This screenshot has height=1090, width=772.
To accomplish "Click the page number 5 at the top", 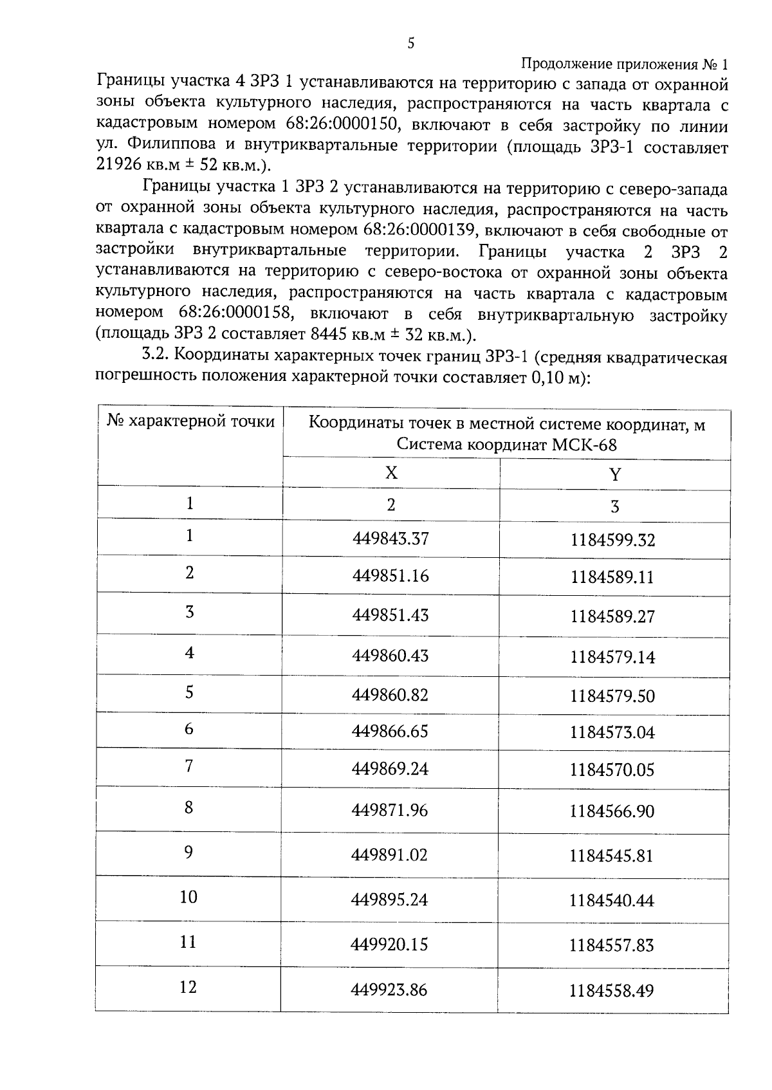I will pyautogui.click(x=411, y=43).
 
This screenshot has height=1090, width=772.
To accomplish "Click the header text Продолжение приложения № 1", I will pyautogui.click(x=624, y=64).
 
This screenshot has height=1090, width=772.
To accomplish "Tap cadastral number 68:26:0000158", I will pyautogui.click(x=232, y=314).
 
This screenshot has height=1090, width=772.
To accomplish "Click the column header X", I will pyautogui.click(x=391, y=473).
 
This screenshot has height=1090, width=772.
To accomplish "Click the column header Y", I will pyautogui.click(x=615, y=475).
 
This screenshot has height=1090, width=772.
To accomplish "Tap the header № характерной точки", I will pyautogui.click(x=190, y=421).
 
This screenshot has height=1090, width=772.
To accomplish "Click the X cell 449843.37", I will pyautogui.click(x=391, y=538).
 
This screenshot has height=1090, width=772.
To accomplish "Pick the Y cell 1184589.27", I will pyautogui.click(x=612, y=617).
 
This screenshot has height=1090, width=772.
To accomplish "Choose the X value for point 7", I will pyautogui.click(x=390, y=770).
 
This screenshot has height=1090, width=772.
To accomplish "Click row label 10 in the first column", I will pyautogui.click(x=188, y=897).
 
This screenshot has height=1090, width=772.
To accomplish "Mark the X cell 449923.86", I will pyautogui.click(x=389, y=990).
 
